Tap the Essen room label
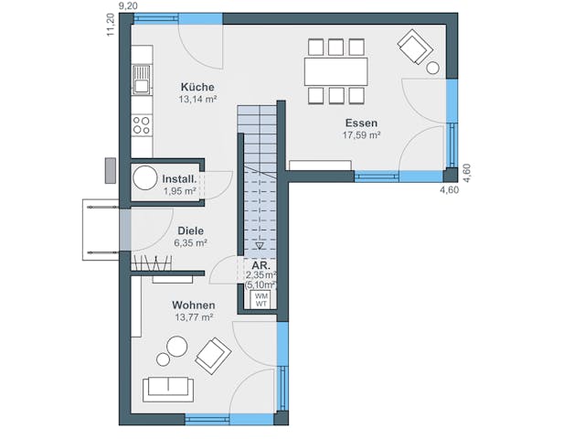(x=362, y=123)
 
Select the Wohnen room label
(x=193, y=305)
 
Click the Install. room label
(x=180, y=179)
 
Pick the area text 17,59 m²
(x=362, y=134)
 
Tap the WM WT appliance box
(x=261, y=299)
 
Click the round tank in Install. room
(x=144, y=179)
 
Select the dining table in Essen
(x=335, y=70)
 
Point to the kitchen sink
(x=142, y=87)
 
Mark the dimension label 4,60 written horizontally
(x=449, y=190)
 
